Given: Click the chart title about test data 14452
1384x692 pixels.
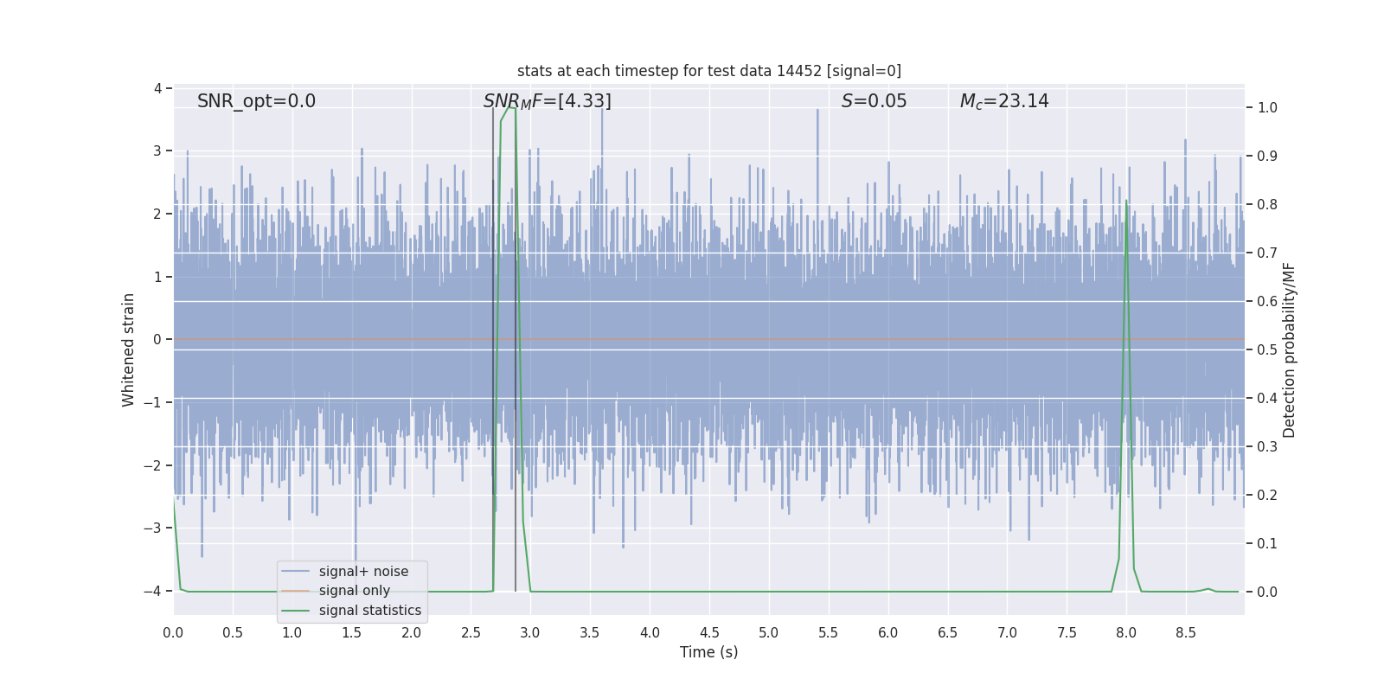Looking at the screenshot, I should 708,71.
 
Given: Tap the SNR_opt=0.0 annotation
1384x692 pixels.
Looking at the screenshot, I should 256,101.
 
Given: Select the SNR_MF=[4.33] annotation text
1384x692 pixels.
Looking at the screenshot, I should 547,101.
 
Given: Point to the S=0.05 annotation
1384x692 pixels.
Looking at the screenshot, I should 874,101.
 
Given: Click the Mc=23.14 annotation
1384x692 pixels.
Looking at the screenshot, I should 1003,101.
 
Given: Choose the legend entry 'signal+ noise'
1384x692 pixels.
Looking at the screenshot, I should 363,572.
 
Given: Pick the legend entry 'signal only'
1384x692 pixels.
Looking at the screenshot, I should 354,591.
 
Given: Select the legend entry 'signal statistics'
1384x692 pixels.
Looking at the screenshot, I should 369,611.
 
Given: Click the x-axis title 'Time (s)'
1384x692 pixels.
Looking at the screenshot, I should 708,652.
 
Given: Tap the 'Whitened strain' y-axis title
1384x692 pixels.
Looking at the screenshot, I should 128,349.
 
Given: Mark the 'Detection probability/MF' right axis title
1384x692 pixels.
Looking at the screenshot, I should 1289,349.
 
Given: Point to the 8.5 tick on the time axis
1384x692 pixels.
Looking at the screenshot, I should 1185,633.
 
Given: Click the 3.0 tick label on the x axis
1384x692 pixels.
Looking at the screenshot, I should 530,633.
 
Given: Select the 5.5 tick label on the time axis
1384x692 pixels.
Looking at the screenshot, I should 828,633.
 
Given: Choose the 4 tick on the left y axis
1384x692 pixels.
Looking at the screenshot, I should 158,89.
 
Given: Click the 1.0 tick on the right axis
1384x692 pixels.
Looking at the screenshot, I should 1267,108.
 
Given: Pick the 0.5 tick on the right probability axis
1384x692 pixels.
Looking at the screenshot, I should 1267,350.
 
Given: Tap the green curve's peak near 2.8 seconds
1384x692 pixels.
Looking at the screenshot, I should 510,107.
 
